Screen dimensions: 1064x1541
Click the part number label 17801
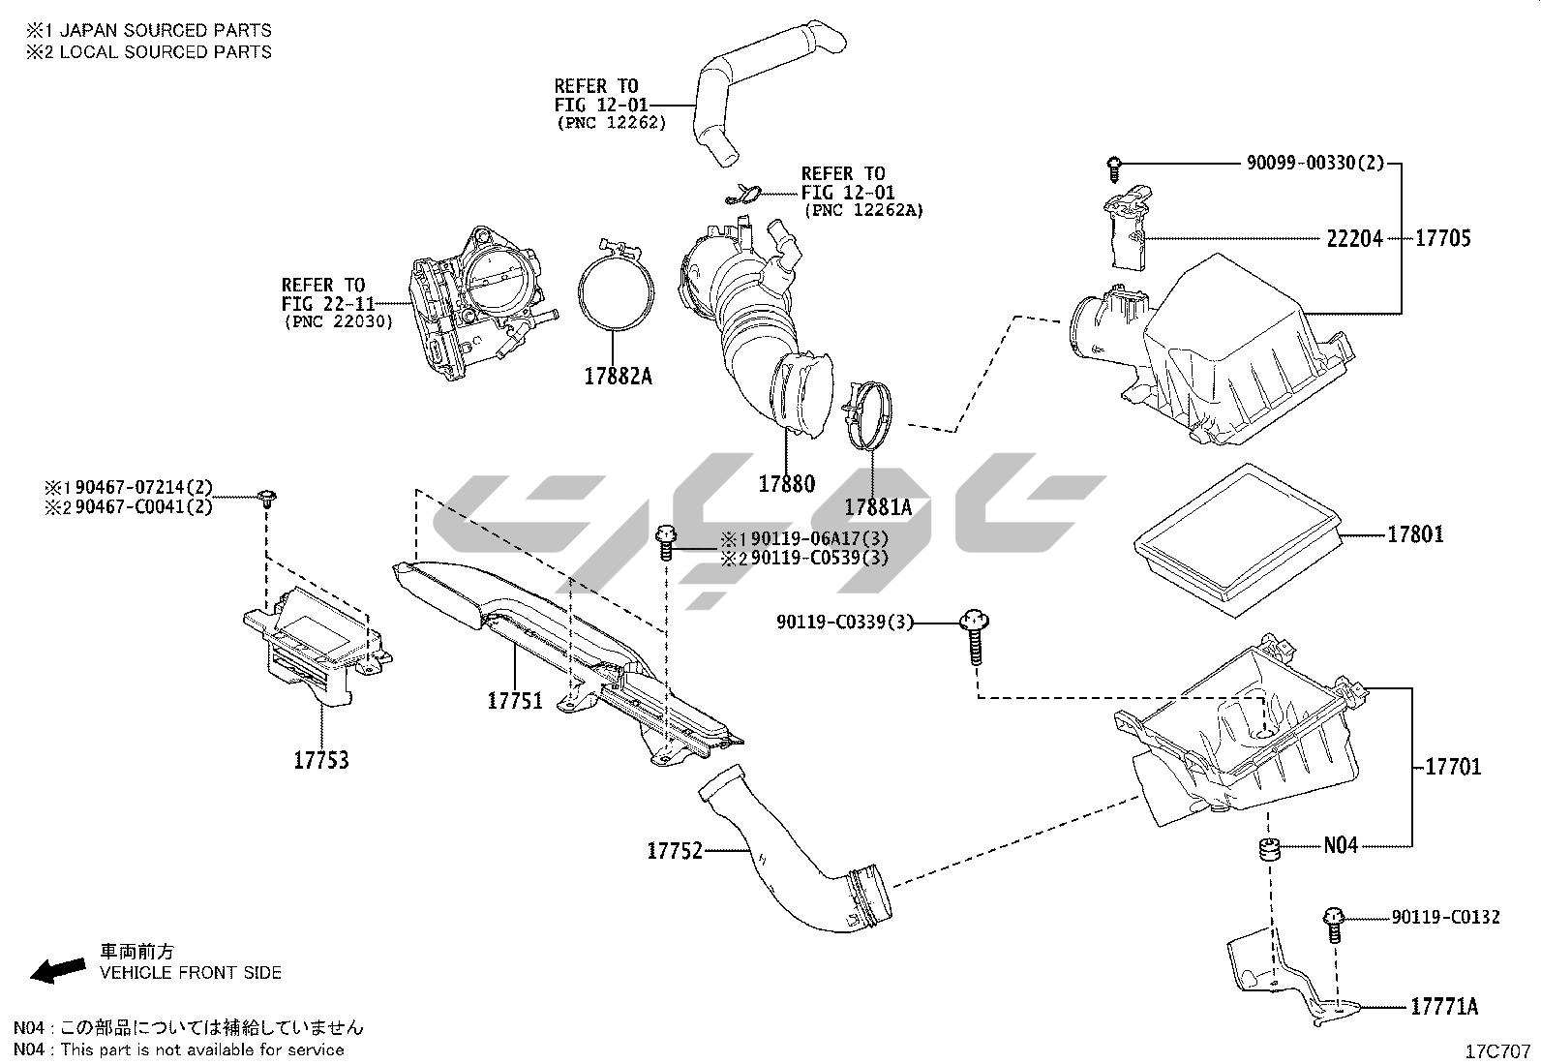click(x=1415, y=534)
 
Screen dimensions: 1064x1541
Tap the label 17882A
click(x=618, y=377)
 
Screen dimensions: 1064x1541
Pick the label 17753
click(x=321, y=761)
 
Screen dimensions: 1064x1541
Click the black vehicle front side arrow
click(x=57, y=969)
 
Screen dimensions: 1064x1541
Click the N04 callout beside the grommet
click(x=1341, y=846)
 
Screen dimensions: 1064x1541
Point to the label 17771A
click(x=1443, y=1007)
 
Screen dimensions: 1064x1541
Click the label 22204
click(x=1354, y=238)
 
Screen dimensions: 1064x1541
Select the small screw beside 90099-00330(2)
click(x=1114, y=168)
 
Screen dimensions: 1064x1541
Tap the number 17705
click(x=1442, y=238)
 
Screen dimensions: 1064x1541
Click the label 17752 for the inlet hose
click(x=674, y=851)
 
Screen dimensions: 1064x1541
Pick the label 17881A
click(x=878, y=507)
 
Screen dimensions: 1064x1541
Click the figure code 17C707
click(x=1497, y=1050)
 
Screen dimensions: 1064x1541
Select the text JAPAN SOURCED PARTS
click(x=166, y=30)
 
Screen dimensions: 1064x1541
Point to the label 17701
click(x=1453, y=768)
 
